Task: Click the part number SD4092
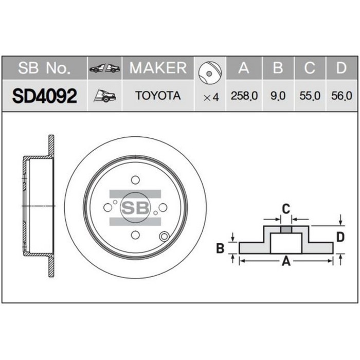[x=45, y=96]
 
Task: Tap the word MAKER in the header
[x=157, y=68]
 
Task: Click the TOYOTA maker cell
[x=157, y=96]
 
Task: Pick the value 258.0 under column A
[x=244, y=96]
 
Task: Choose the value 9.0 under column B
[x=278, y=96]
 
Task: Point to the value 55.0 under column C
[x=310, y=96]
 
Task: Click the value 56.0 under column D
[x=341, y=96]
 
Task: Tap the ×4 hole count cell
[x=211, y=96]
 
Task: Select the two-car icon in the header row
[x=105, y=68]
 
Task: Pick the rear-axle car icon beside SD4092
[x=105, y=96]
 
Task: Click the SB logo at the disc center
[x=135, y=207]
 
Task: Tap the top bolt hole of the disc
[x=135, y=179]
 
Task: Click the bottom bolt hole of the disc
[x=135, y=235]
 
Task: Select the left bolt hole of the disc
[x=107, y=207]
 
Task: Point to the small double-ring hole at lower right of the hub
[x=165, y=237]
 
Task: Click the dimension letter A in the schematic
[x=286, y=262]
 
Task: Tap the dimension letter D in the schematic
[x=340, y=237]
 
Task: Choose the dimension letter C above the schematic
[x=286, y=208]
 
